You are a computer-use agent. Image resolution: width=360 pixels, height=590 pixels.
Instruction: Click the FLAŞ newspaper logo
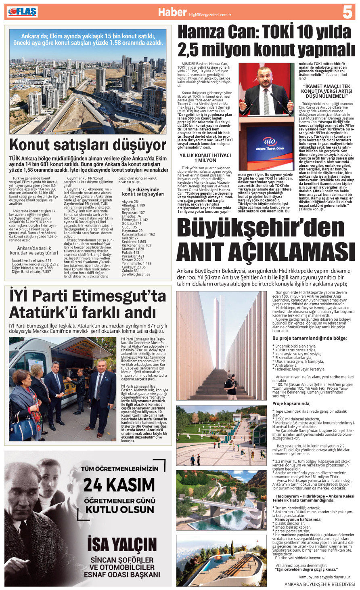22,12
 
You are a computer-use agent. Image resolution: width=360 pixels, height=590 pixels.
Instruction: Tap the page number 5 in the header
347,12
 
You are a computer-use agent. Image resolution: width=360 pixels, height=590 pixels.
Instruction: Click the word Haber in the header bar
172,12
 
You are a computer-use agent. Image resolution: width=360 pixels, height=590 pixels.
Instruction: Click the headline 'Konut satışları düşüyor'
88,145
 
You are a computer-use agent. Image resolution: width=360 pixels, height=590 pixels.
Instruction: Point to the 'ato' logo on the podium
270,141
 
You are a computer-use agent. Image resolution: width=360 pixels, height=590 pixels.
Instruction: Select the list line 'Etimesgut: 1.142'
135,220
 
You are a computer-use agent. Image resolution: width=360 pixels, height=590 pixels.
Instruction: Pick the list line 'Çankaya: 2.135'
134,267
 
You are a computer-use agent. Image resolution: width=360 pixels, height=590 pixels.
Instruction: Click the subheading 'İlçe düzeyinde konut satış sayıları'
143,192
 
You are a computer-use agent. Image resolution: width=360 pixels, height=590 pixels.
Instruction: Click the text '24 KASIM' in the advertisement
119,485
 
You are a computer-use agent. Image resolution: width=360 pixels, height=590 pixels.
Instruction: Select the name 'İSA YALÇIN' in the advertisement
122,545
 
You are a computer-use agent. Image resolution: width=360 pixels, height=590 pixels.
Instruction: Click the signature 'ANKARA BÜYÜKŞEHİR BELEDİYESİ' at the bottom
319,584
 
